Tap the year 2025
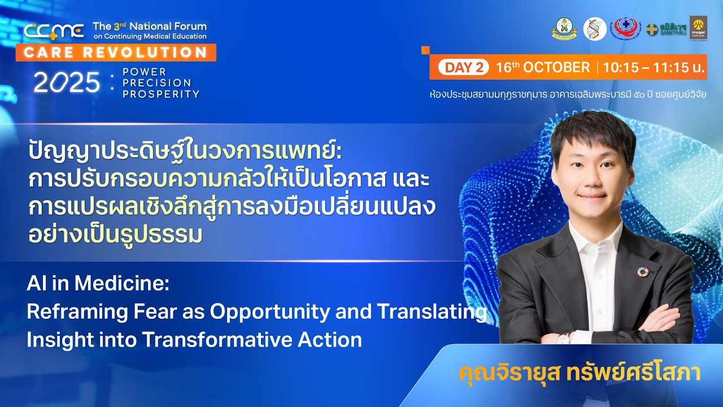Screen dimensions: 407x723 coord(66,83)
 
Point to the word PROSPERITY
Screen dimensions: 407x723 coord(161,94)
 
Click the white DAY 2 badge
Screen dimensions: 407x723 coord(463,68)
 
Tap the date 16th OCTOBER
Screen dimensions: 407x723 coord(542,68)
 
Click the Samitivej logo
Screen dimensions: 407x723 coord(667,29)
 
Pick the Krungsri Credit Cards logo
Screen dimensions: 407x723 coord(698,28)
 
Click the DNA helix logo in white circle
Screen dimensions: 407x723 coord(595,29)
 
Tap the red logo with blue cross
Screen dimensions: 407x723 coord(625,28)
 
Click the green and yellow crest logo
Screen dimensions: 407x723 coord(564,29)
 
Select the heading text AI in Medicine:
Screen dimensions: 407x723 coord(98,284)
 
